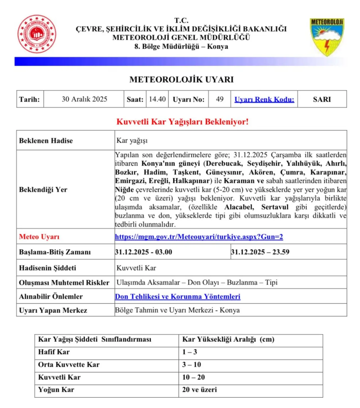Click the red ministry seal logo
[x=37, y=34]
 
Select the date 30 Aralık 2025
[x=84, y=99]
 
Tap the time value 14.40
[x=157, y=99]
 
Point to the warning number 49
[x=220, y=99]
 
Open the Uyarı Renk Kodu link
[x=264, y=99]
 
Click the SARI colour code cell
[x=322, y=99]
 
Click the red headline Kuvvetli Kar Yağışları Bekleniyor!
[x=183, y=122]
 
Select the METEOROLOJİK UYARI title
[x=181, y=80]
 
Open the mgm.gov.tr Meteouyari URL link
[x=199, y=237]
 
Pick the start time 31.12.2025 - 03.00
[x=143, y=252]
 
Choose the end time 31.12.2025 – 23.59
[x=260, y=252]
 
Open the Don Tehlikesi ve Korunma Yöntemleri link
[x=178, y=297]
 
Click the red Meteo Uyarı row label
[x=39, y=237]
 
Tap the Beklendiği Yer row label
[x=43, y=190]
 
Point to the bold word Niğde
[x=124, y=190]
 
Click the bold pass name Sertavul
[x=275, y=207]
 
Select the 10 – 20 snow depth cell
[x=193, y=377]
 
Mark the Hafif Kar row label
[x=54, y=352]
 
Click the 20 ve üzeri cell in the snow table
[x=199, y=390]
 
